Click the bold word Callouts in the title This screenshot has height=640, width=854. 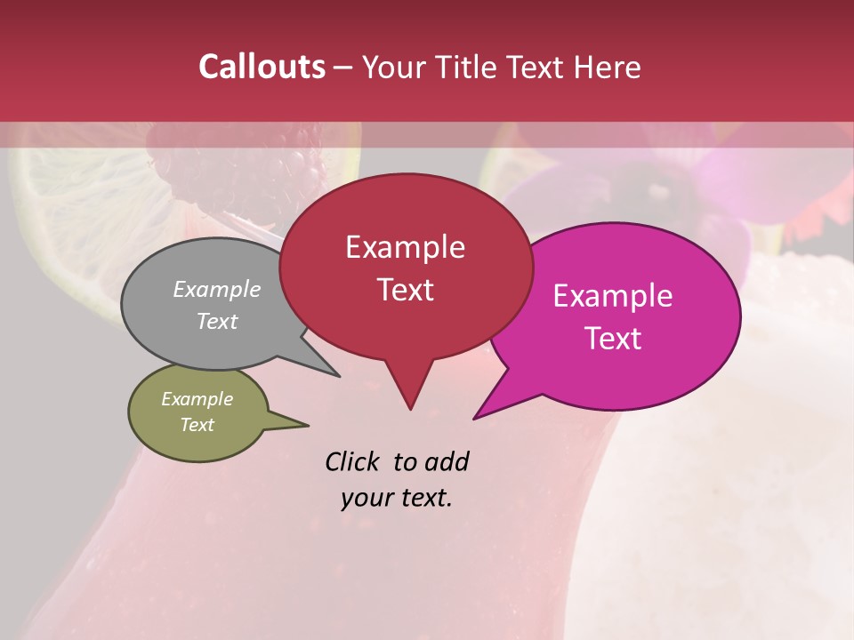click(x=262, y=67)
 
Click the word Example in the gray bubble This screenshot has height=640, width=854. click(x=217, y=289)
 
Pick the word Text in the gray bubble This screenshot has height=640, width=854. click(x=217, y=321)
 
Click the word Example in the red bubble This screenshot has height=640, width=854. click(x=405, y=247)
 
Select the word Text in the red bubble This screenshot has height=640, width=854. click(x=405, y=289)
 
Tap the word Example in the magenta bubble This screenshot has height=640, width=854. click(x=613, y=296)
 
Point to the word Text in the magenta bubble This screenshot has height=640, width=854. click(x=613, y=338)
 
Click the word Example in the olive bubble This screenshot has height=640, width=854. click(x=197, y=399)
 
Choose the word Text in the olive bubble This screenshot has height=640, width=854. click(x=197, y=425)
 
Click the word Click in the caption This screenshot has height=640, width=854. click(x=355, y=461)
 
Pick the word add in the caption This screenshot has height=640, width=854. click(x=446, y=461)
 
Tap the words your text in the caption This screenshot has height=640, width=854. click(x=397, y=497)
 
